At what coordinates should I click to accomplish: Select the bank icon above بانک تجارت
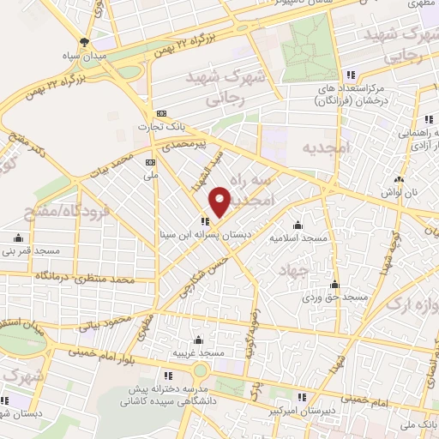[x=160, y=113]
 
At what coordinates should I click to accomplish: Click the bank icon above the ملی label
[x=151, y=161]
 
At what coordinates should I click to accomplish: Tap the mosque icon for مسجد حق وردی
[x=335, y=284]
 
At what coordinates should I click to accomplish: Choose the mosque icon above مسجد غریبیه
[x=199, y=340]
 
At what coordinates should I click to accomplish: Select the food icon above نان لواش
[x=400, y=180]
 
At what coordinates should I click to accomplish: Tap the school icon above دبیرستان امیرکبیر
[x=302, y=397]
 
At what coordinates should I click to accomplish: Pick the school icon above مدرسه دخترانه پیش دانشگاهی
[x=168, y=376]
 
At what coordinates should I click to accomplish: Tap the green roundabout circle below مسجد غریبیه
[x=200, y=370]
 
